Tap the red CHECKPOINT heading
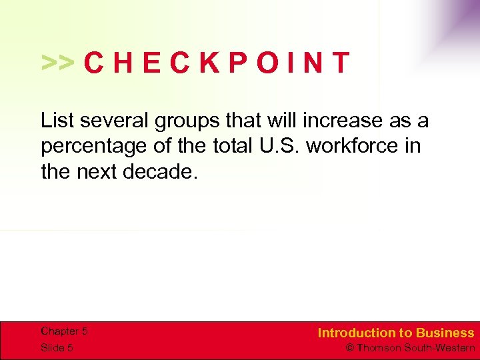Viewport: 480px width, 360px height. pos(217,63)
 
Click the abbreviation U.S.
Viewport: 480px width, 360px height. pos(281,145)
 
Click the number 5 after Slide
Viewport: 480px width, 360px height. pos(70,348)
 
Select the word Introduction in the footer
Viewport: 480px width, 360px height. pos(357,333)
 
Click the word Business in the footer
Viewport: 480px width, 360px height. pos(445,333)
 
